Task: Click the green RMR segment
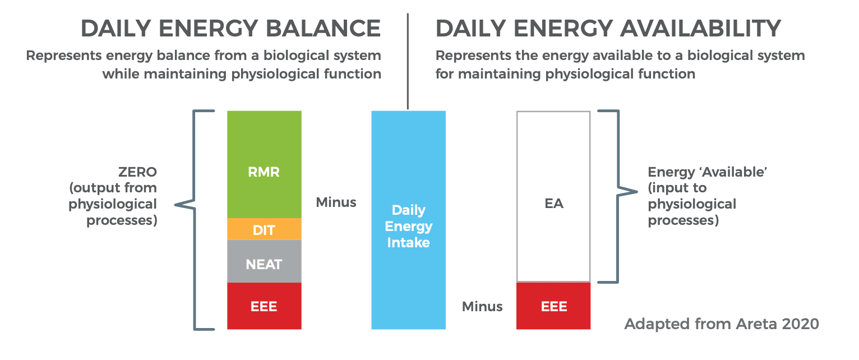264,164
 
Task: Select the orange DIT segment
264,229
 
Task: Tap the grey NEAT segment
264,261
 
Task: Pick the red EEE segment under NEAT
264,306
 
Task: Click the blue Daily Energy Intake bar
408,220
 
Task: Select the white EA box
553,196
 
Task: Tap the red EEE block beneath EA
553,306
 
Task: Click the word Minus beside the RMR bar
336,202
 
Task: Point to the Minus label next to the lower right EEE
482,306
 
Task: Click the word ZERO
137,172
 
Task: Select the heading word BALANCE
324,29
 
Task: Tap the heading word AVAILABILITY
701,29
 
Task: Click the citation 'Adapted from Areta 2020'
721,324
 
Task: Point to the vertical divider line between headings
408,61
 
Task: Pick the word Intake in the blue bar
408,242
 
